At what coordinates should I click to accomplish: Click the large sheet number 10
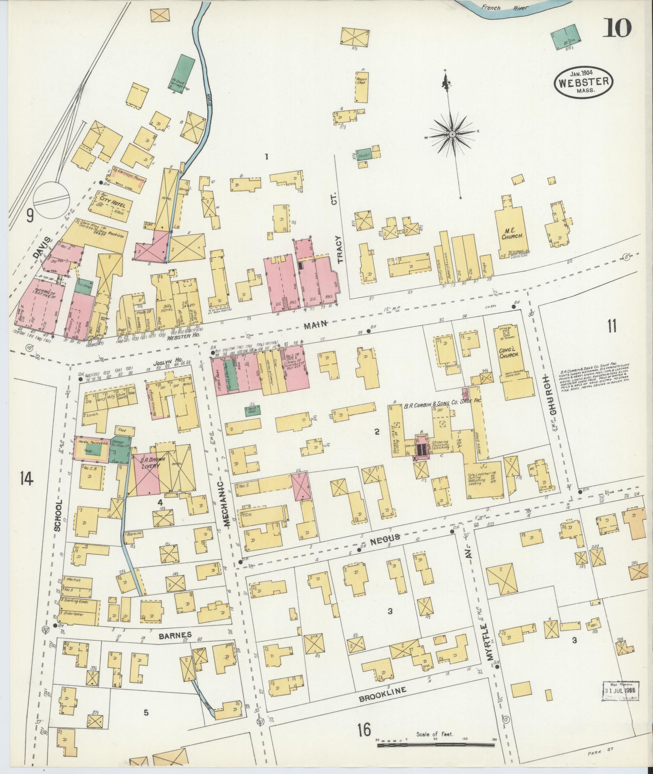tap(618, 28)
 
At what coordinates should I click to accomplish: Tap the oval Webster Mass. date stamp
tap(583, 81)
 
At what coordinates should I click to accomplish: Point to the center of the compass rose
tap(452, 134)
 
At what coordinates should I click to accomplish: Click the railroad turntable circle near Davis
tap(49, 197)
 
